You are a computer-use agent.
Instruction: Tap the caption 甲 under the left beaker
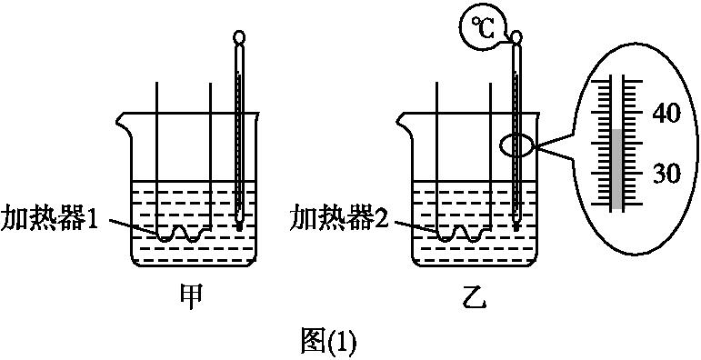191,297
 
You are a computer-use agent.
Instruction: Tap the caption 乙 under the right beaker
475,298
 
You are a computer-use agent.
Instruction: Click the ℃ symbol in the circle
481,29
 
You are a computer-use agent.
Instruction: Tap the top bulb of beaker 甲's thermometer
239,38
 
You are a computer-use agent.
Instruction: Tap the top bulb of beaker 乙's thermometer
516,37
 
